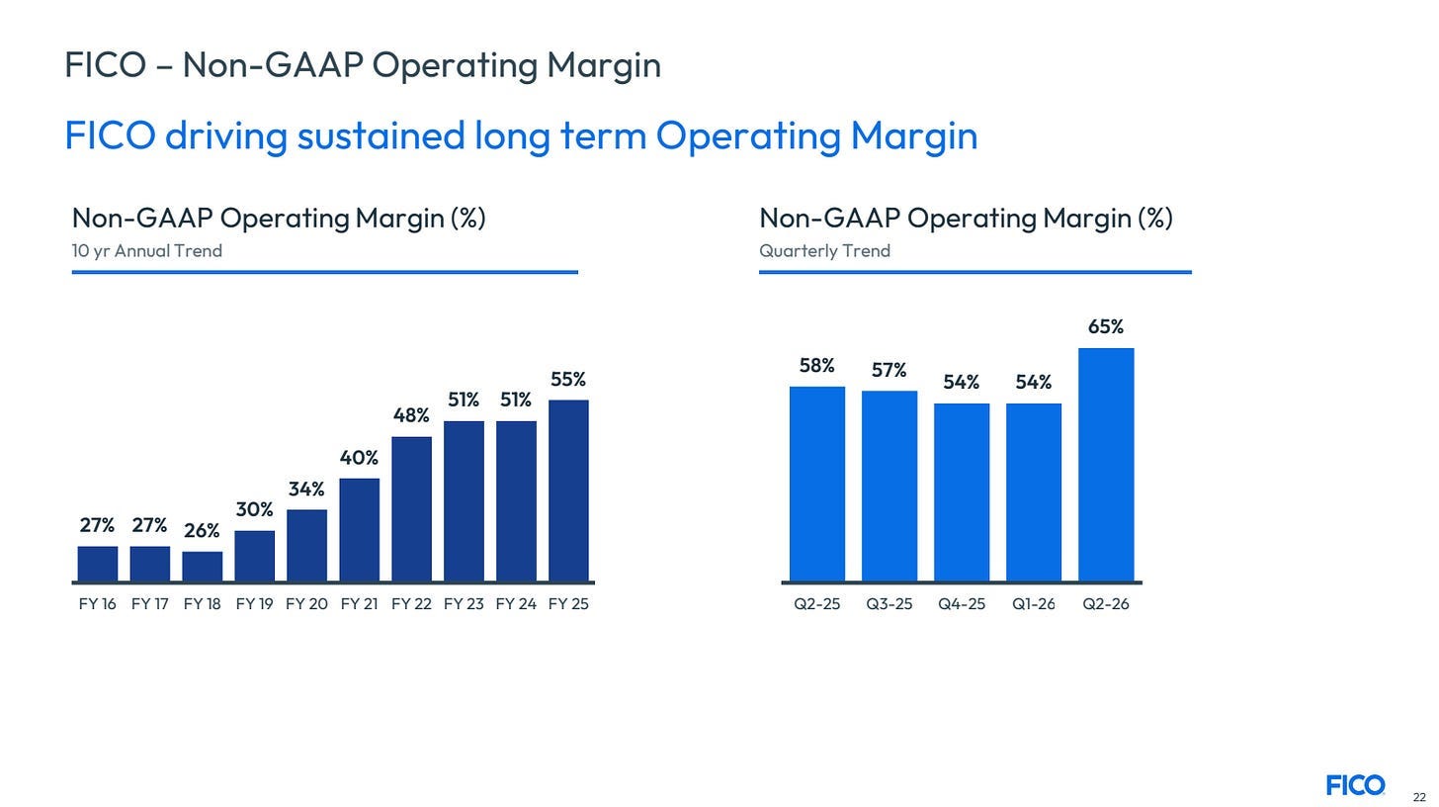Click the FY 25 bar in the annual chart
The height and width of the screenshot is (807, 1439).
click(568, 491)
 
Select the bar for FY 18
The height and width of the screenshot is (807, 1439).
click(203, 567)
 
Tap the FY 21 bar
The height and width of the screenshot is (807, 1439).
click(359, 530)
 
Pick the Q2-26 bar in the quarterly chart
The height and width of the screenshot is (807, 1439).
click(1106, 464)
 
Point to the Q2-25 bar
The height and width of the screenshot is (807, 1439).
click(817, 484)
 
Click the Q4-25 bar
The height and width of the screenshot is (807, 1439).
click(962, 492)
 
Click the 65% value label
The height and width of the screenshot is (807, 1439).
click(1106, 326)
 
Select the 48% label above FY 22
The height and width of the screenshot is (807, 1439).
click(411, 415)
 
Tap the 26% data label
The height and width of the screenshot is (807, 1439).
click(202, 530)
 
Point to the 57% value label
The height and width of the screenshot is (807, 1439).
click(889, 370)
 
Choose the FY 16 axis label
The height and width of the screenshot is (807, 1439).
click(98, 604)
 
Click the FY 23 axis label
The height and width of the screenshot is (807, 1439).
click(464, 604)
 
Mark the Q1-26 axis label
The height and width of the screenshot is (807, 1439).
click(1034, 604)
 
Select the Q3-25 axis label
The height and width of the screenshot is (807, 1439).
click(889, 604)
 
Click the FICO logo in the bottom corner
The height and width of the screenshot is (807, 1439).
click(1356, 785)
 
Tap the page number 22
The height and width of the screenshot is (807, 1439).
click(1419, 797)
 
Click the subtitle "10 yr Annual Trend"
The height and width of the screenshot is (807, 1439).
click(147, 251)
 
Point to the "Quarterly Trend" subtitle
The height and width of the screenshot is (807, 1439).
click(825, 251)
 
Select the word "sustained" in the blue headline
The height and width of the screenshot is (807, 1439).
click(381, 135)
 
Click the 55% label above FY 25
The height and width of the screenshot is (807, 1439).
click(568, 380)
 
